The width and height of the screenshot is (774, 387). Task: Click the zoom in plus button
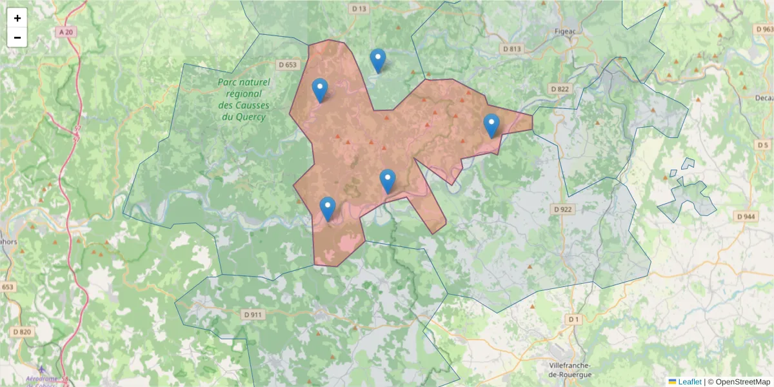[x=17, y=18]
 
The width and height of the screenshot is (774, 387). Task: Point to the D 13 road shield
[x=359, y=8]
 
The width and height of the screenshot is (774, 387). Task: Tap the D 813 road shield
[x=511, y=48]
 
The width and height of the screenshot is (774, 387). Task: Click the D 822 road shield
[x=560, y=88]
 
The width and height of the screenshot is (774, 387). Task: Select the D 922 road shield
[x=562, y=209]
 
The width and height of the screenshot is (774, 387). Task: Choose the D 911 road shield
[x=253, y=315]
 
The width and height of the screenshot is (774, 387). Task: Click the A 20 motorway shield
[x=64, y=32]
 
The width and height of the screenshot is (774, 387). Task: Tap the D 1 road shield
[x=573, y=319]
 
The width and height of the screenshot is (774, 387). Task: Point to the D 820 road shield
[x=21, y=332]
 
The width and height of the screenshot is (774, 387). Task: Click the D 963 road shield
[x=763, y=29]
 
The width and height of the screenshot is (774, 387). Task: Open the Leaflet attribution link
[x=689, y=382]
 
